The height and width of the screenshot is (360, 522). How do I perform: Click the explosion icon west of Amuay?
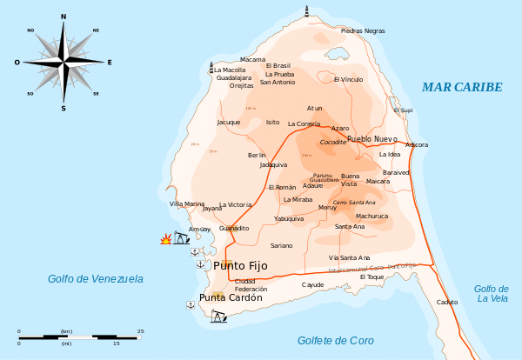(165, 239)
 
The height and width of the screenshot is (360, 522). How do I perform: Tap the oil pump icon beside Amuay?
(181, 237)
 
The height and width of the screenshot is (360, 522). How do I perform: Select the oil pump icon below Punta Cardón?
(217, 317)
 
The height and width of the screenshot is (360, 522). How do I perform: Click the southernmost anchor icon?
(191, 304)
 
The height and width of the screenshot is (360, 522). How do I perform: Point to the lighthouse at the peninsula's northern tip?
(305, 11)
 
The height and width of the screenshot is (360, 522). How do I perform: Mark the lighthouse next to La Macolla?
(211, 65)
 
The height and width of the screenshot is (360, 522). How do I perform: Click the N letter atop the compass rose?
(64, 17)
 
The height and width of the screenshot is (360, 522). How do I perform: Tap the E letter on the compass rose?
(110, 63)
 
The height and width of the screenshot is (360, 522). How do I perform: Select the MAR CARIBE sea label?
(462, 87)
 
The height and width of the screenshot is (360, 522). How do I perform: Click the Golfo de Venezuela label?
(95, 278)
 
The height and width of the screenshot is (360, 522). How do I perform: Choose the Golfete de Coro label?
(335, 339)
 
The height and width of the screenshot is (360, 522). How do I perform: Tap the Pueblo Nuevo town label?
(371, 139)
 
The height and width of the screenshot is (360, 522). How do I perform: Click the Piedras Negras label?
(363, 30)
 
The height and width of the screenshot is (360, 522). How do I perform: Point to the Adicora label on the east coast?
(417, 144)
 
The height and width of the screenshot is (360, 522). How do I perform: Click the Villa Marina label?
(187, 203)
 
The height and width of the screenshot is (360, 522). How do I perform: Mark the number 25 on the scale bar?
(141, 331)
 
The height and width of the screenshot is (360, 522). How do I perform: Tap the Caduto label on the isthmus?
(447, 301)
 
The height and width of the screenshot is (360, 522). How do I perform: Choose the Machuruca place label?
(372, 216)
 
